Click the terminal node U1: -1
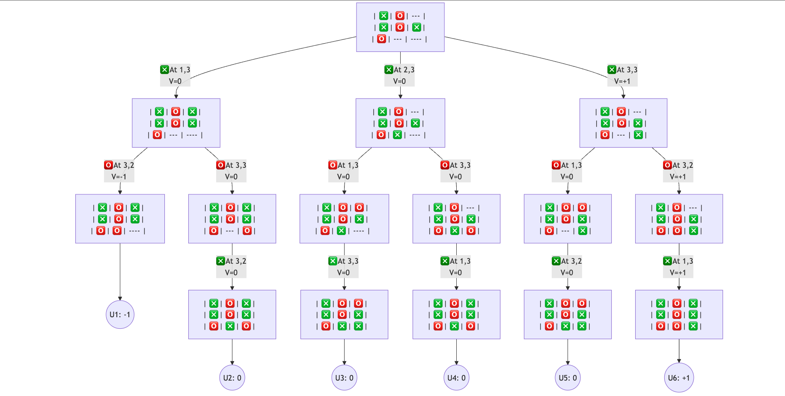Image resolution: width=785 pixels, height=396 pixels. point(120,314)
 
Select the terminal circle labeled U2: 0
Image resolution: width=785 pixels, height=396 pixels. point(232,378)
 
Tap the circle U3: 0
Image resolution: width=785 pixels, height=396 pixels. point(344,378)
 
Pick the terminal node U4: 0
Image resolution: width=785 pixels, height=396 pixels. point(456,378)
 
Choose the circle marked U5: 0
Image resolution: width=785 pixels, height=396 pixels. point(568,378)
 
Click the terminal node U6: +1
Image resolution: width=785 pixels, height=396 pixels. point(679,378)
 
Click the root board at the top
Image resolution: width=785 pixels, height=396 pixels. point(400,27)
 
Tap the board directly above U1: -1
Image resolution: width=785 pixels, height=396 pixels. point(120,219)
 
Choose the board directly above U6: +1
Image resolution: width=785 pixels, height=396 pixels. point(679,315)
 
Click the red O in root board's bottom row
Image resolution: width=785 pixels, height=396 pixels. point(381,39)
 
